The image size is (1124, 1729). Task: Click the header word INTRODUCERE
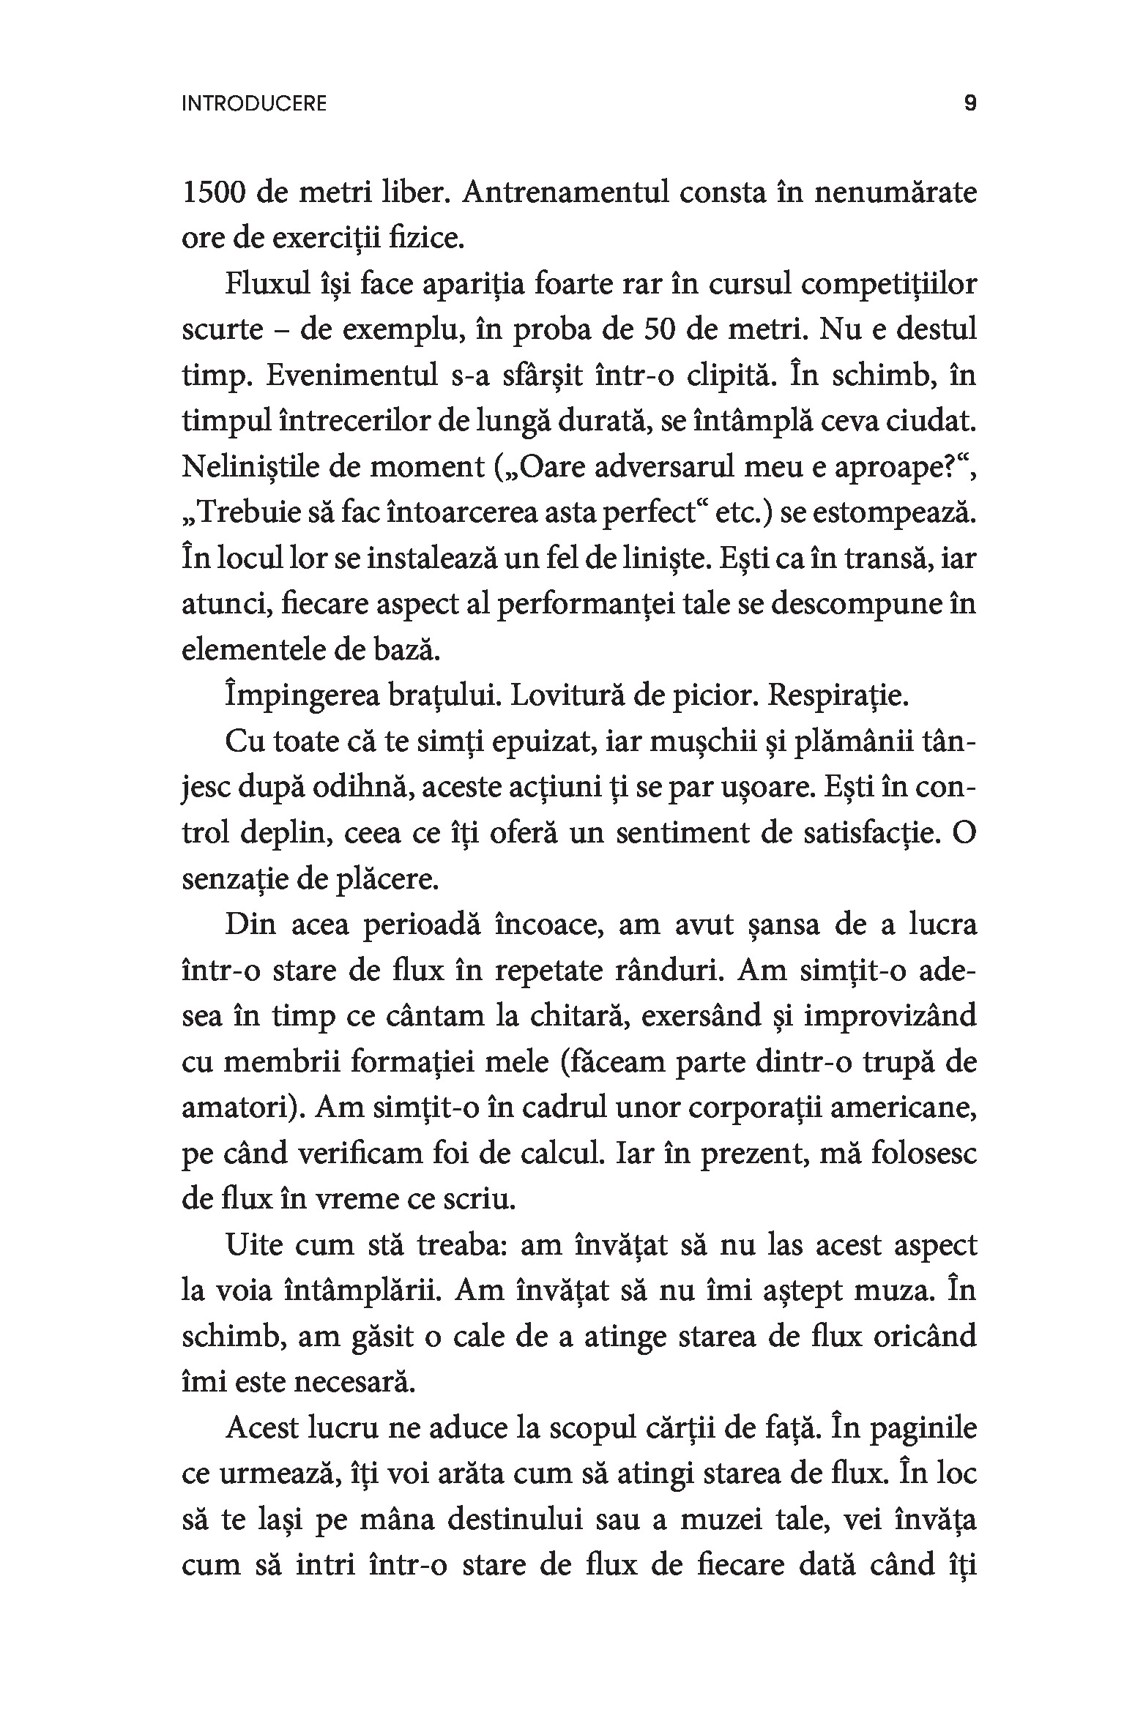253,104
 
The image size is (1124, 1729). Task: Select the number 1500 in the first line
212,193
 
